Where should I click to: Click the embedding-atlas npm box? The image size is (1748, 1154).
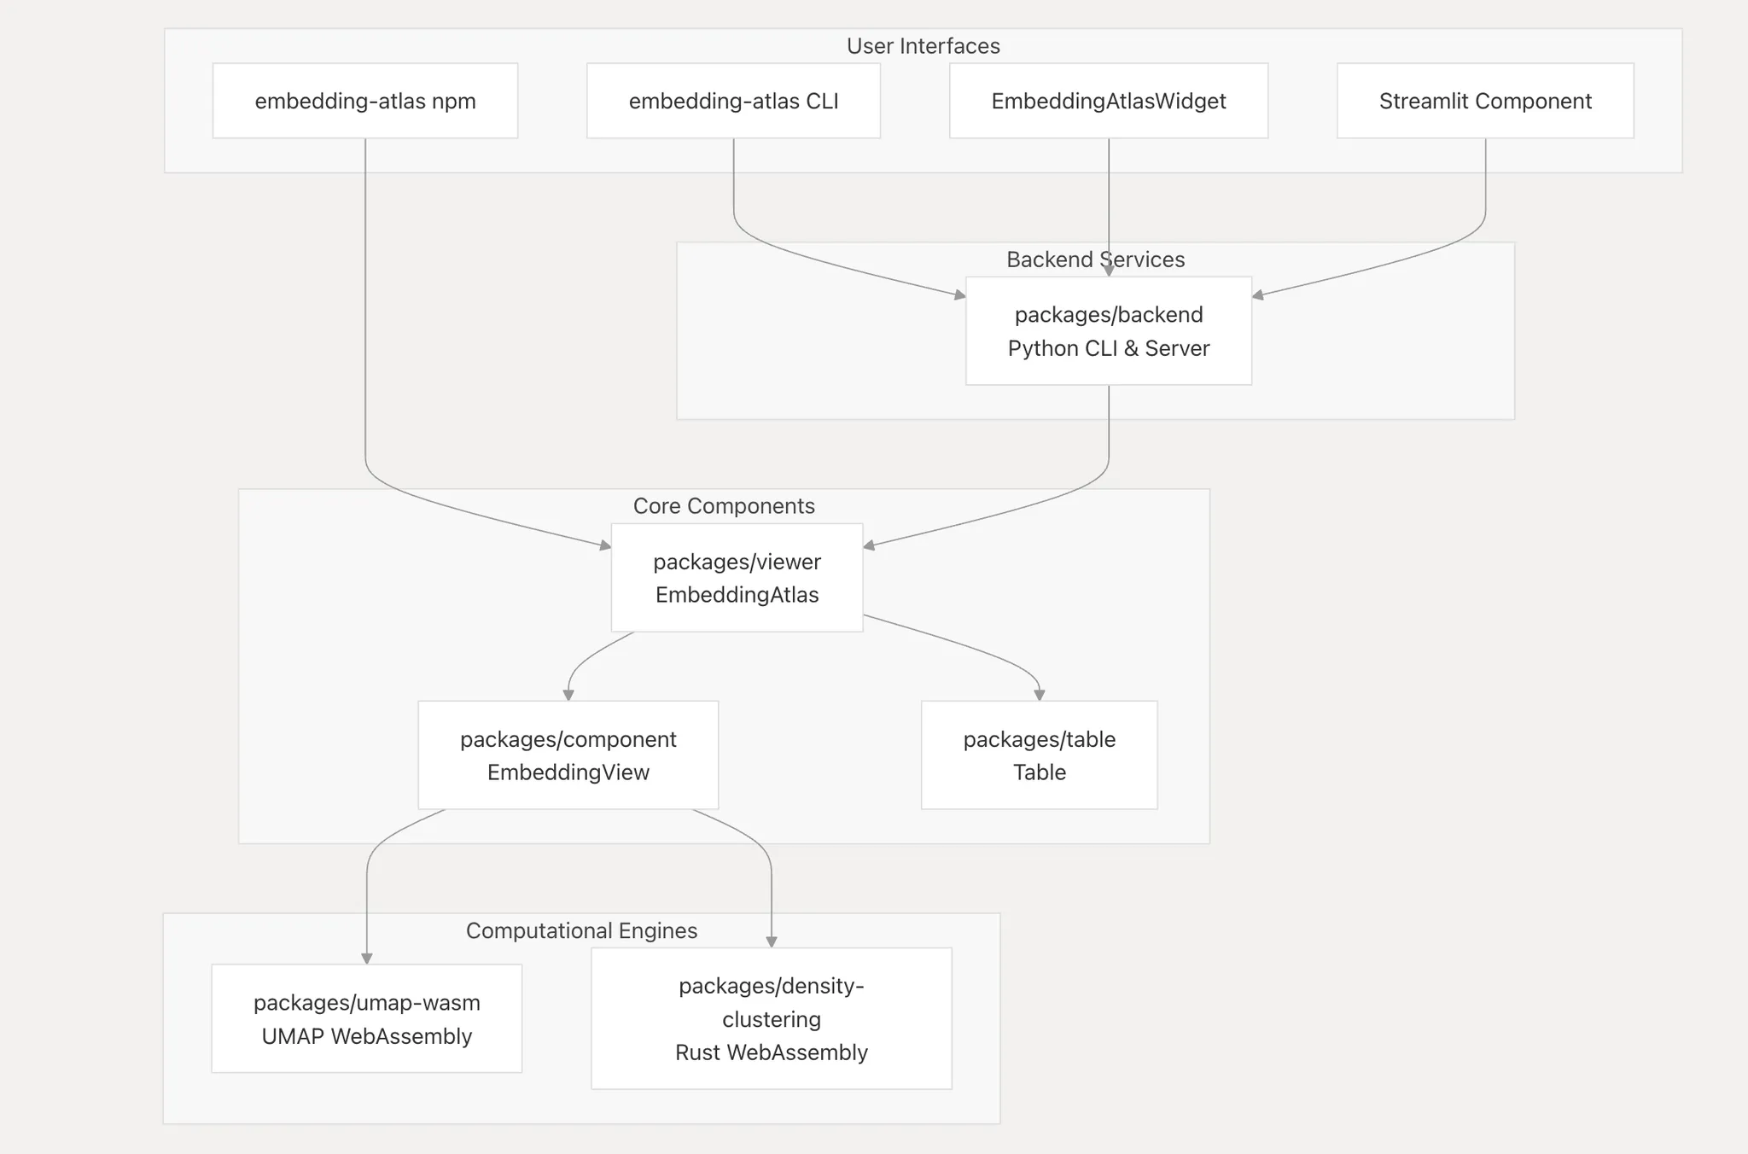tap(365, 101)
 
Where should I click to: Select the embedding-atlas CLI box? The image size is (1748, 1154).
tap(733, 101)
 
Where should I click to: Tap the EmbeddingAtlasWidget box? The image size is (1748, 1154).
tap(1108, 101)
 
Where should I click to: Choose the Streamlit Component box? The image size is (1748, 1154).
tap(1485, 101)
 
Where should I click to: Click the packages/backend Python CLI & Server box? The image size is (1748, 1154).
tap(1108, 330)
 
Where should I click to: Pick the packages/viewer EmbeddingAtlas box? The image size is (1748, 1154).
tap(737, 578)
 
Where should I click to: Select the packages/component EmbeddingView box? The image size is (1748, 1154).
tap(568, 755)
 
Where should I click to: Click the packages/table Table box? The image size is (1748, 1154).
tap(1039, 755)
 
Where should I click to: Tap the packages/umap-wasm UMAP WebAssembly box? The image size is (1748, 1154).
tap(366, 1018)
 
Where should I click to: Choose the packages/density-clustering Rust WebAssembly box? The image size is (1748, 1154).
tap(771, 1018)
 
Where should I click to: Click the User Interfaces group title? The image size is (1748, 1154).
tap(923, 46)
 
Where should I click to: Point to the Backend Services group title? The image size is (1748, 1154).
tap(1095, 259)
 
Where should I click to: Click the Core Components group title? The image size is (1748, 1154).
tap(724, 506)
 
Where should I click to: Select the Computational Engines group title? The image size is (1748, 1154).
tap(581, 930)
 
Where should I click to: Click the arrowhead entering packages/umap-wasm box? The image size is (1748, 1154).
tap(367, 959)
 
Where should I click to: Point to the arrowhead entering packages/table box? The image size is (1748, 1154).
tap(1039, 695)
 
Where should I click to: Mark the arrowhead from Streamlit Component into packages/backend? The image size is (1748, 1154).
tap(1258, 295)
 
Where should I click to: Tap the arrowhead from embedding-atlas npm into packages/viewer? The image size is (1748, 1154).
tap(605, 545)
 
